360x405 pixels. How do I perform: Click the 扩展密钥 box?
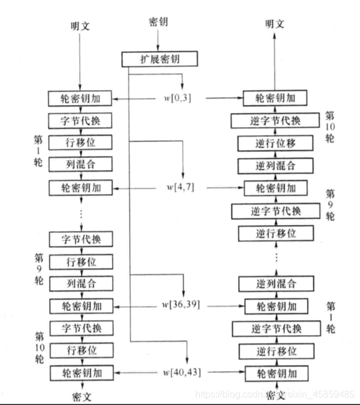159,59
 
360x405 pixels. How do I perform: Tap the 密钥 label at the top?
159,24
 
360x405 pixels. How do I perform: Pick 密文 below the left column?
80,396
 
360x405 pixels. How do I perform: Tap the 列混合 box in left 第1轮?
80,164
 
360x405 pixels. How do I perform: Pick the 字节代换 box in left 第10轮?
80,327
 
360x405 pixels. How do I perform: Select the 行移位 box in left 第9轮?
80,261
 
